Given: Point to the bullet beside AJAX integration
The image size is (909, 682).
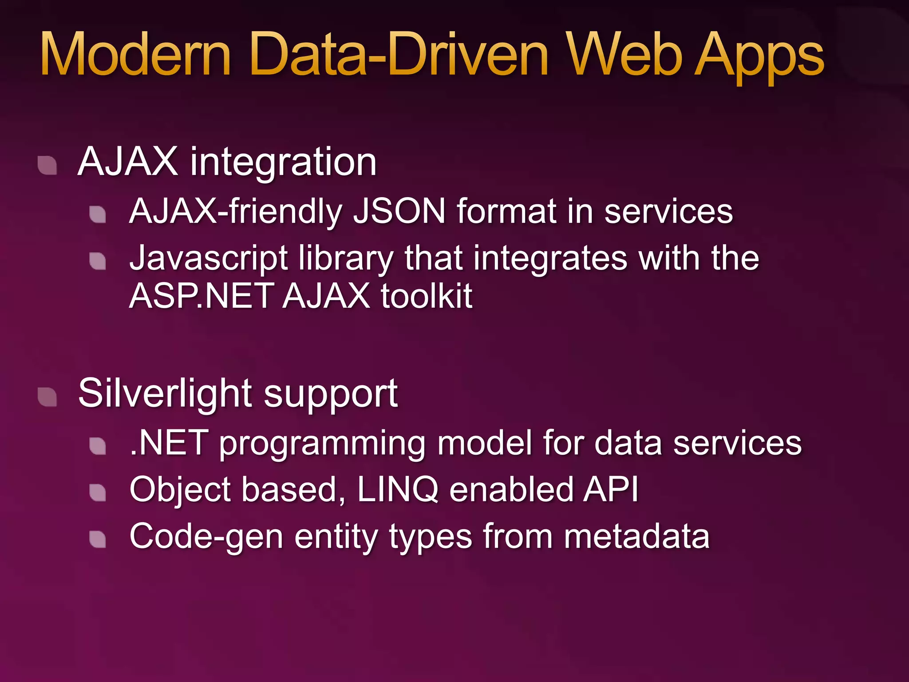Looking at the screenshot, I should coord(47,165).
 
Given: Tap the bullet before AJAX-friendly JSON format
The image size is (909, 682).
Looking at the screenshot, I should coord(98,214).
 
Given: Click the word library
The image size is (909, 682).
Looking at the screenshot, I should coord(346,258).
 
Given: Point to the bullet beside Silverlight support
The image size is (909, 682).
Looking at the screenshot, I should coord(47,397).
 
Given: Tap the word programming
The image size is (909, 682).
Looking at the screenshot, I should coord(322,444).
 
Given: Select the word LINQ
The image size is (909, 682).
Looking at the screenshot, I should coord(398,490).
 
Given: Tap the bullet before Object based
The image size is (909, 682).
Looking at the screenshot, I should coord(98,492).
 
